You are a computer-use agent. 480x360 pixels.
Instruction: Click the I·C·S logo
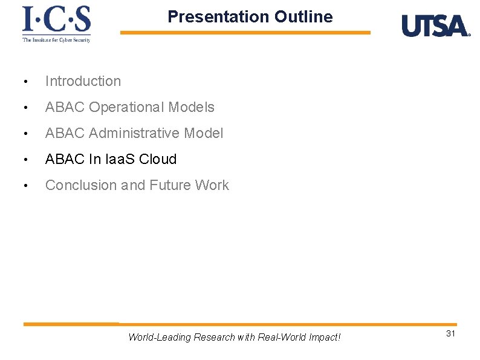pyautogui.click(x=56, y=20)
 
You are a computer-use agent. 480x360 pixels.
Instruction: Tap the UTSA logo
pyautogui.click(x=435, y=26)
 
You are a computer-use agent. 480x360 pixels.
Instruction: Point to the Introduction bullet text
pyautogui.click(x=83, y=81)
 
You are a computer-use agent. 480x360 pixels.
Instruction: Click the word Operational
pyautogui.click(x=126, y=107)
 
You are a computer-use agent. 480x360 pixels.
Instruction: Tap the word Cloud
pyautogui.click(x=158, y=159)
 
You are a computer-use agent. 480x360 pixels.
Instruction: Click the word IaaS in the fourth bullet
pyautogui.click(x=120, y=159)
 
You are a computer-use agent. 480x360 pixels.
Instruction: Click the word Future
pyautogui.click(x=169, y=185)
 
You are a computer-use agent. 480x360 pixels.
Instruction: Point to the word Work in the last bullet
pyautogui.click(x=212, y=185)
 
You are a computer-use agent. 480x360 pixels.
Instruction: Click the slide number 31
pyautogui.click(x=450, y=334)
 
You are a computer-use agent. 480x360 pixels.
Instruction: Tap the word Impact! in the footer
pyautogui.click(x=323, y=337)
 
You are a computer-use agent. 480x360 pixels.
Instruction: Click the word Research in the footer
pyautogui.click(x=214, y=337)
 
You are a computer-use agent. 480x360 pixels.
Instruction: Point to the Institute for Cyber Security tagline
pyautogui.click(x=56, y=40)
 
